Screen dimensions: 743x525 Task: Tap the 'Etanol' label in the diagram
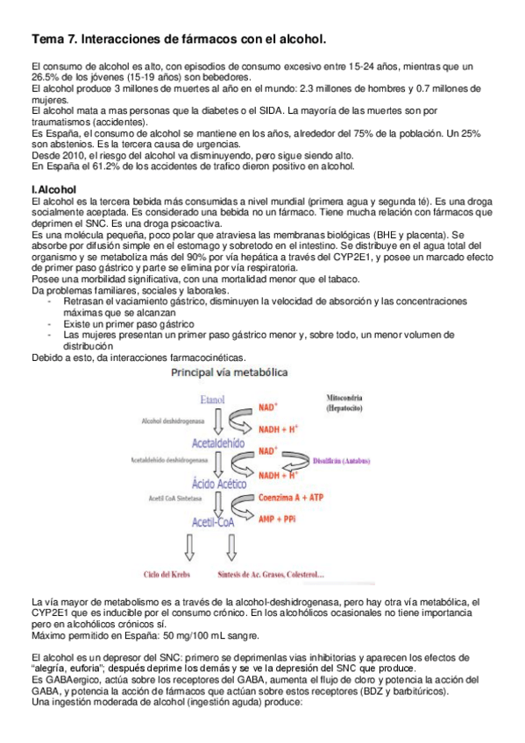pos(213,400)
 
